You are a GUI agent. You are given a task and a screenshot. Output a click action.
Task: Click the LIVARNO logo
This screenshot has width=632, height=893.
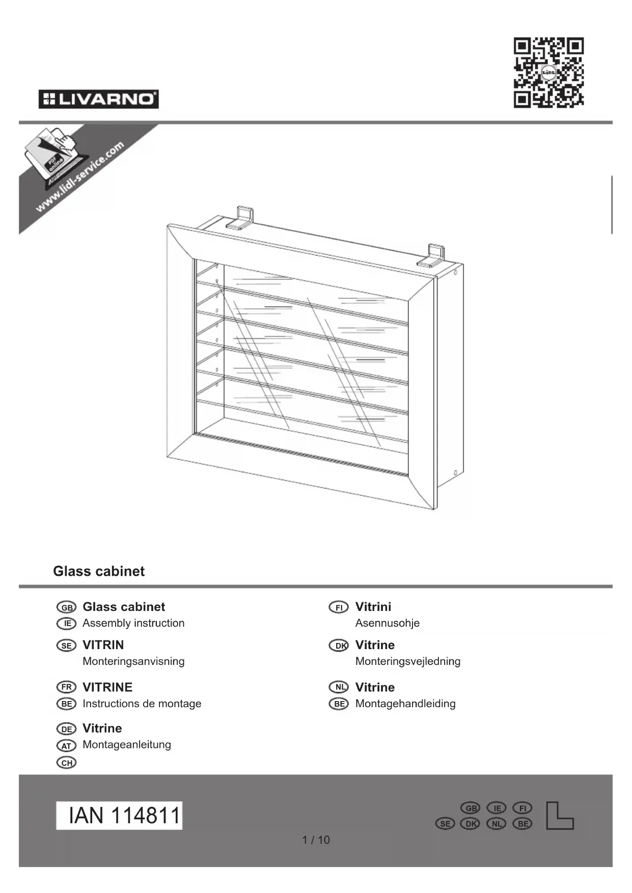tap(98, 99)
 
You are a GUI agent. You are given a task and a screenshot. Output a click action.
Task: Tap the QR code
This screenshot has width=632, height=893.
tap(548, 72)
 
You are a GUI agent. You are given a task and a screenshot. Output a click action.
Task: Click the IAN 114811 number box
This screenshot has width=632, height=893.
tap(119, 815)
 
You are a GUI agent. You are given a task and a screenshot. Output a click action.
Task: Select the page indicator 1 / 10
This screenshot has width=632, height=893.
tap(316, 840)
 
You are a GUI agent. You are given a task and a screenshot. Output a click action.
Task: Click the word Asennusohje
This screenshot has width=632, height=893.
tap(387, 623)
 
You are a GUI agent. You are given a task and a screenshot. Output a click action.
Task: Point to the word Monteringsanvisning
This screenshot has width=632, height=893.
tap(133, 661)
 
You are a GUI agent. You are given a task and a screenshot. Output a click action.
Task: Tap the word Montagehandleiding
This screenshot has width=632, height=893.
tap(405, 704)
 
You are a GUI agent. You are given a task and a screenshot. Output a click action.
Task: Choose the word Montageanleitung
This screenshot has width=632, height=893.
tap(127, 744)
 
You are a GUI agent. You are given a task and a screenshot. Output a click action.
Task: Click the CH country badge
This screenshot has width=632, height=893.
tap(66, 763)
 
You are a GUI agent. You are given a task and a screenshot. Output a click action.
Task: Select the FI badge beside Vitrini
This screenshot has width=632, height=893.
tap(339, 607)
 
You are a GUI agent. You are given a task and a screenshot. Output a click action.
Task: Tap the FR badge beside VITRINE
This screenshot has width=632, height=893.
tap(66, 687)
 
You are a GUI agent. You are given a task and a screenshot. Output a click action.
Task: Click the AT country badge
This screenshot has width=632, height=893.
tap(66, 746)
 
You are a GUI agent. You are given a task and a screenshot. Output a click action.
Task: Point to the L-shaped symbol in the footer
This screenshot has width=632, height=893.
tap(559, 816)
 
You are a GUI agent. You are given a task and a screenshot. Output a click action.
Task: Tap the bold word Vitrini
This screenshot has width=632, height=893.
tap(373, 607)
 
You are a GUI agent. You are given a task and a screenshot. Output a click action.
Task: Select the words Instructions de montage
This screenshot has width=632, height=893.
tap(142, 704)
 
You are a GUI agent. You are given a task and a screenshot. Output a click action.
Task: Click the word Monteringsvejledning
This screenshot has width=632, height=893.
tap(407, 661)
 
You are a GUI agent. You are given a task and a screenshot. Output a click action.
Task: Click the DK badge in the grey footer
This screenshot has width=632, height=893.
tap(470, 823)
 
